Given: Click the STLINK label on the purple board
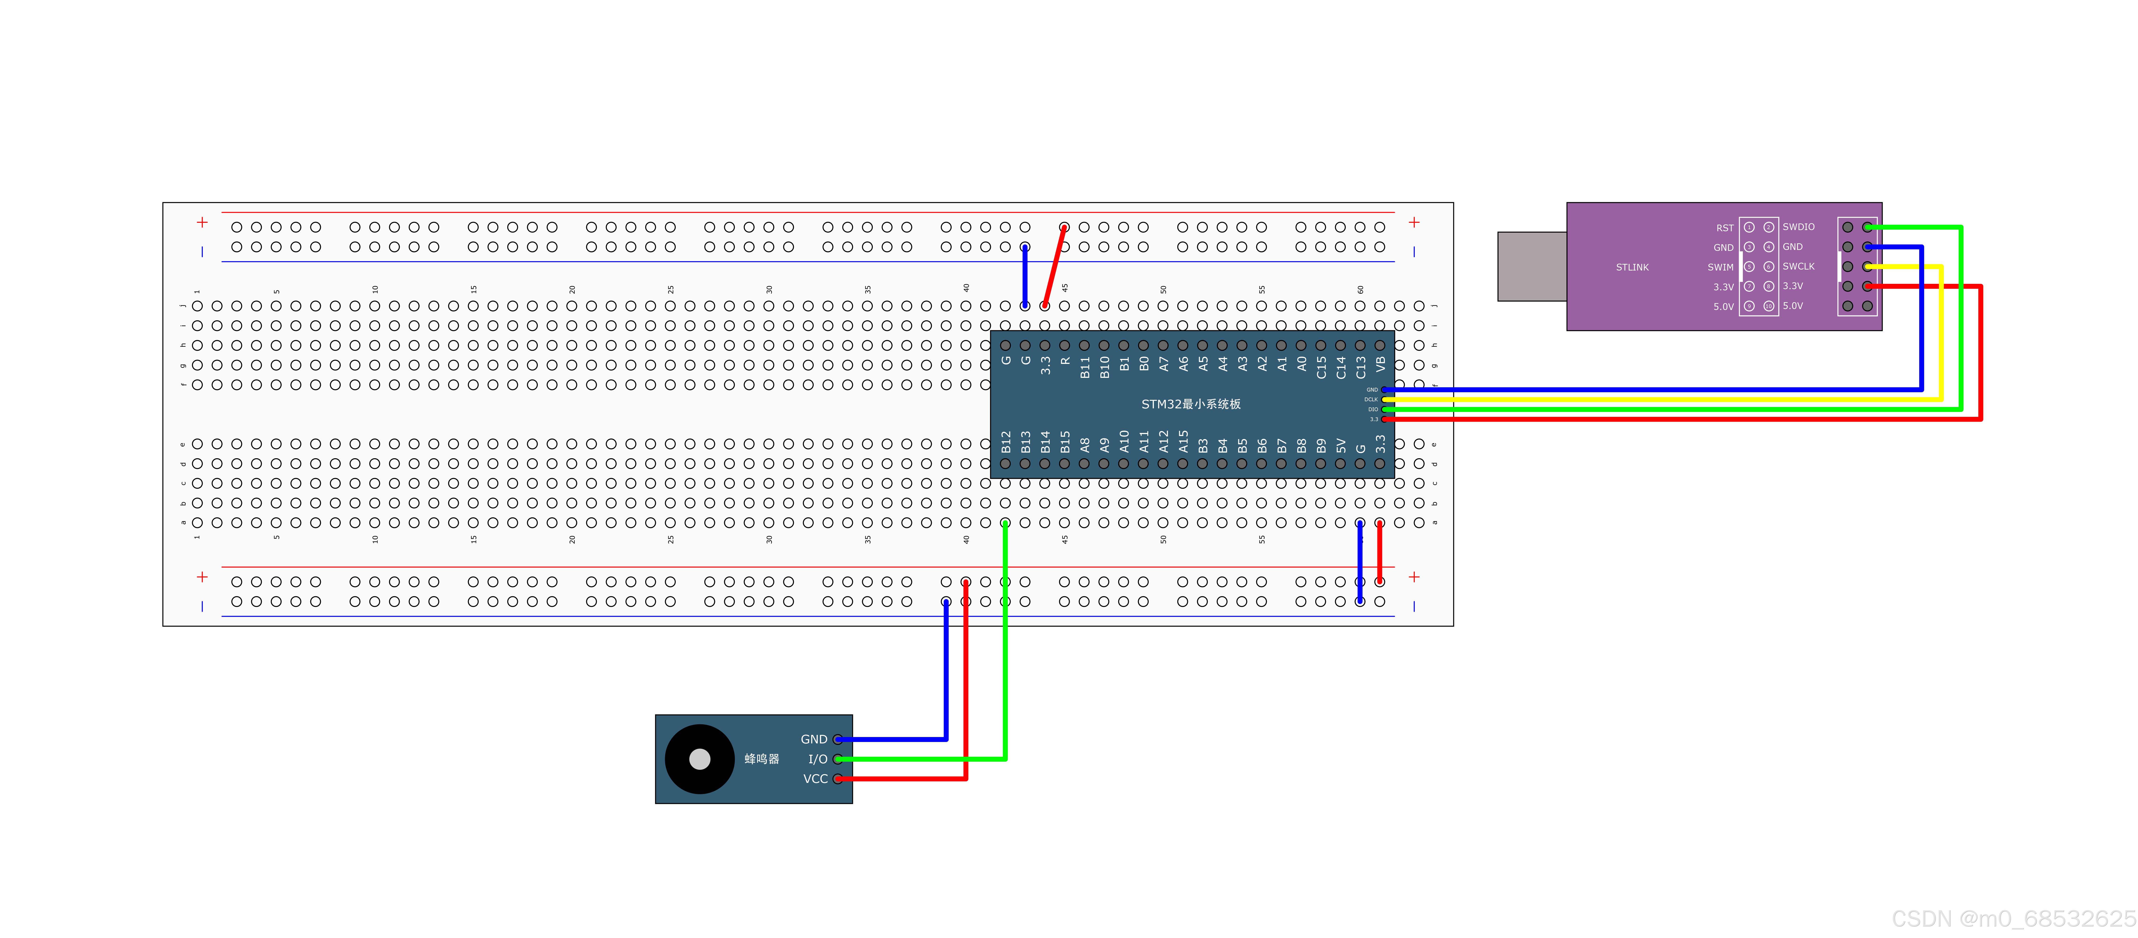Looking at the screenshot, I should coord(1632,267).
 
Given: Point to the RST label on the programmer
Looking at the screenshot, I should coord(1725,227).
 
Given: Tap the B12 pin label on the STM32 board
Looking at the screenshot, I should coord(1006,442).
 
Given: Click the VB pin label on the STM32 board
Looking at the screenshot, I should coord(1380,364).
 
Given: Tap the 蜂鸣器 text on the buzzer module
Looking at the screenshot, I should coord(761,759).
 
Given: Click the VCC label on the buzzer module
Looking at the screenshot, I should coord(815,779).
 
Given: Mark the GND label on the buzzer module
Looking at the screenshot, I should coord(813,739).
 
